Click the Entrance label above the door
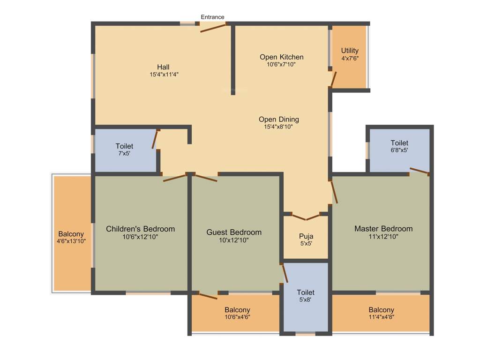click(212, 17)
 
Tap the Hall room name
click(163, 67)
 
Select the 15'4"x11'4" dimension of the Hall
click(164, 74)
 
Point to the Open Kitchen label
click(281, 57)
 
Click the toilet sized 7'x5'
click(124, 150)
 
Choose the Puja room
click(306, 240)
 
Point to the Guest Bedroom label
click(234, 232)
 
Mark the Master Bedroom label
click(383, 229)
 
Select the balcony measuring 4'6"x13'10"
click(71, 237)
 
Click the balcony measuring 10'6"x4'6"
click(237, 313)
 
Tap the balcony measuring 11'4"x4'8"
click(381, 313)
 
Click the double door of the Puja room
click(306, 217)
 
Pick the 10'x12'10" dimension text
click(234, 240)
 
